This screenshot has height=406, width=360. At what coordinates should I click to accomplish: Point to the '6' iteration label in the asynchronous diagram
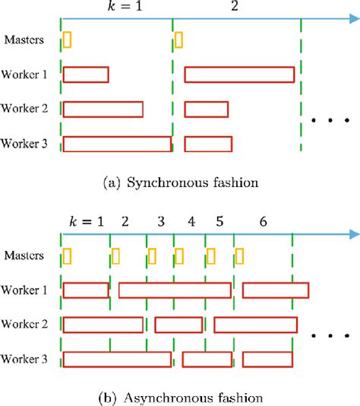click(263, 221)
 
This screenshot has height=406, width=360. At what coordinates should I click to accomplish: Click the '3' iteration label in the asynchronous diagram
click(160, 221)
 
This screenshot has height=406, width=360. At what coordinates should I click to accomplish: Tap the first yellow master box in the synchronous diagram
click(68, 39)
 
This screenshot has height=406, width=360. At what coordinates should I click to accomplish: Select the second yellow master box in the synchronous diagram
click(178, 39)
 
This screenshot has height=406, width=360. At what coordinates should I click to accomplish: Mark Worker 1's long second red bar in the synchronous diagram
click(238, 75)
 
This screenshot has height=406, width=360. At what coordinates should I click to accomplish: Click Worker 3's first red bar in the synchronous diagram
click(117, 144)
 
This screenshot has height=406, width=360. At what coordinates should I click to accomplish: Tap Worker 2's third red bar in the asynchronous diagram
click(254, 325)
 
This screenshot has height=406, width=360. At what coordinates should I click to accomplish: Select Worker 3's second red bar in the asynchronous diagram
click(206, 359)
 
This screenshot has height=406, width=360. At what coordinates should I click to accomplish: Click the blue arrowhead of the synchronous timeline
click(352, 18)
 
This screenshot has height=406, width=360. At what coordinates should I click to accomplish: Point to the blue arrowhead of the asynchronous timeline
click(352, 234)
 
